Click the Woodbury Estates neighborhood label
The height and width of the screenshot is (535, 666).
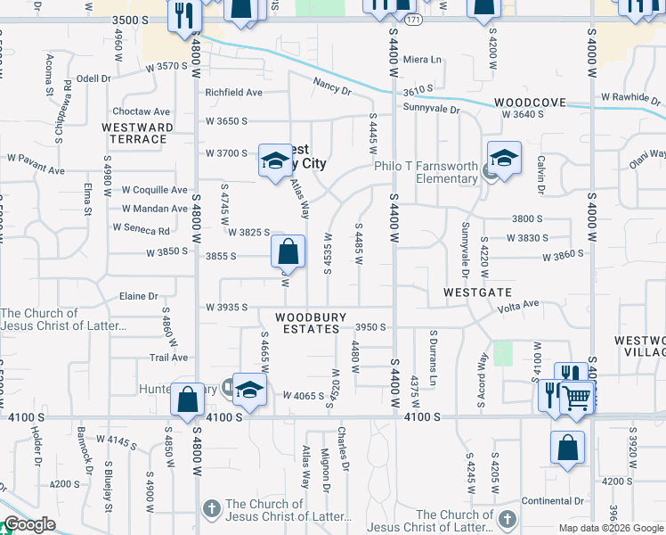(307, 323)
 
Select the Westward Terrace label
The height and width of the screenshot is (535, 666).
(138, 133)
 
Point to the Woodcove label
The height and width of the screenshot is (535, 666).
(531, 103)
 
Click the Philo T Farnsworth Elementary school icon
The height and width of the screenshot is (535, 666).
(504, 160)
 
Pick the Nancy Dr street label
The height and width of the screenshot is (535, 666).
(332, 86)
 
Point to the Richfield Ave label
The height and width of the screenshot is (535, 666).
(234, 92)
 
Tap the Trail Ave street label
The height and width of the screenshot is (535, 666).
(168, 358)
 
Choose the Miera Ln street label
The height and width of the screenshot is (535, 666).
(422, 60)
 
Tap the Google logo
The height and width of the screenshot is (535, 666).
(29, 525)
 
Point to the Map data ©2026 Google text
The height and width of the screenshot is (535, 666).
(612, 528)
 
